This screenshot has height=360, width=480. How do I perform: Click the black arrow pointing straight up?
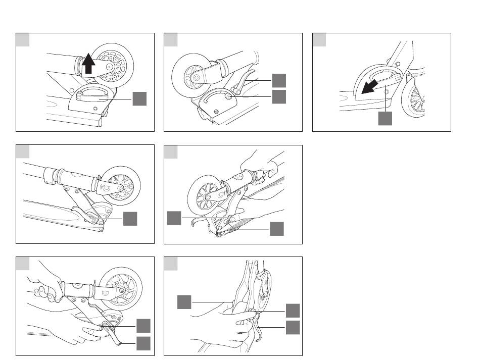pyautogui.click(x=88, y=64)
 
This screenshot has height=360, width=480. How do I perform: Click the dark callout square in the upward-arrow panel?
pyautogui.click(x=139, y=99)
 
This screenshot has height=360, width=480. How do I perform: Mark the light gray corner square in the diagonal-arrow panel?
pyautogui.click(x=319, y=39)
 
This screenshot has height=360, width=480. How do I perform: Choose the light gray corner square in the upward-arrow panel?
pyautogui.click(x=22, y=39)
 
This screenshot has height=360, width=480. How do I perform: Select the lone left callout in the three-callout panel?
pyautogui.click(x=184, y=302)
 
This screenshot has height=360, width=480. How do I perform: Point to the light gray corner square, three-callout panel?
pyautogui.click(x=171, y=263)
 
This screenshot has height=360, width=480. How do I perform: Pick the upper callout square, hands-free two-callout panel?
pyautogui.click(x=278, y=80)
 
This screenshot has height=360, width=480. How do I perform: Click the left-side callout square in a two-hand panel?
pyautogui.click(x=174, y=218)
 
